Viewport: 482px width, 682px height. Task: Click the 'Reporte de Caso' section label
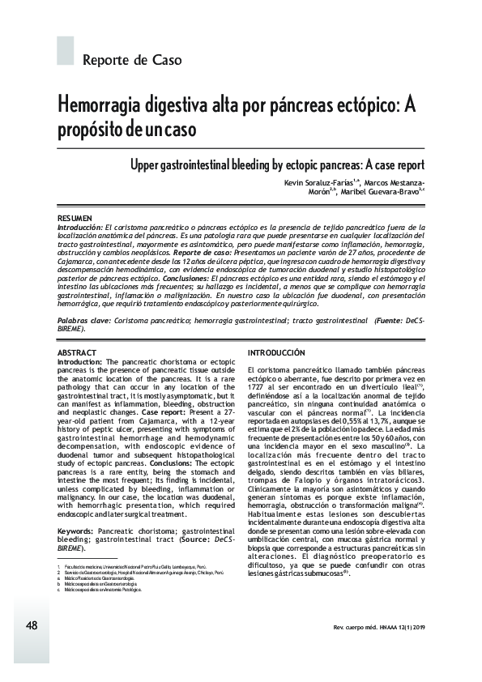click(x=132, y=60)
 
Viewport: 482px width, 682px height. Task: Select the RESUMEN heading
click(x=75, y=220)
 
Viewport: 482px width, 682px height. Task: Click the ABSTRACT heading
click(x=77, y=353)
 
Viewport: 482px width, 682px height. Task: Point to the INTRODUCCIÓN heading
click(x=276, y=353)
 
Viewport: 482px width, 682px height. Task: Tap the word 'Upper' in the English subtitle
click(x=147, y=164)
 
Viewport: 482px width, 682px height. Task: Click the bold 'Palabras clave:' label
click(x=84, y=322)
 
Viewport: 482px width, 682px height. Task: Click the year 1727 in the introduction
click(x=261, y=387)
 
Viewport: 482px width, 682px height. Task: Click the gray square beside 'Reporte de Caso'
click(x=65, y=50)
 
